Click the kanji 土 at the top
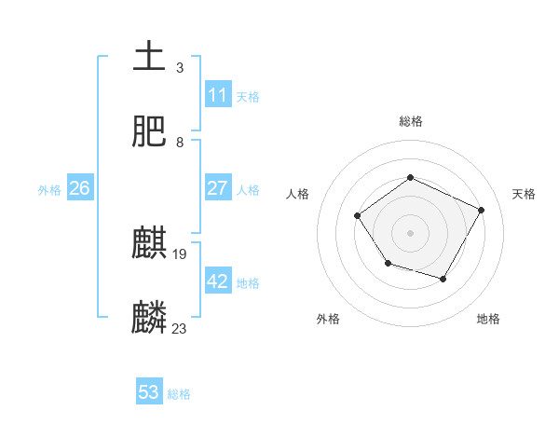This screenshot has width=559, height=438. click(x=150, y=57)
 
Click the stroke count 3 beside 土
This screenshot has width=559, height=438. click(x=180, y=68)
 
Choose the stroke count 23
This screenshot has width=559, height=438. click(x=180, y=328)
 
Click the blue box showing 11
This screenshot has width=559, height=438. click(x=217, y=95)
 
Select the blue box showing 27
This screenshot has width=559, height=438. click(x=217, y=188)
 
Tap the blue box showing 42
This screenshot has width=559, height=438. click(x=217, y=281)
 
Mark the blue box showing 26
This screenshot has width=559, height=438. click(x=79, y=188)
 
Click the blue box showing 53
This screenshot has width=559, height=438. click(x=148, y=392)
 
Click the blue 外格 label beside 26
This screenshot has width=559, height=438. click(x=49, y=189)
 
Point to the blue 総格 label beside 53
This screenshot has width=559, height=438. click(x=179, y=394)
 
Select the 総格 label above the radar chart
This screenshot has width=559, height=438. click(x=410, y=121)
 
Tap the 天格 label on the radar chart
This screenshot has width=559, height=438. click(x=524, y=194)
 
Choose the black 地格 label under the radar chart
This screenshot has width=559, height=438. click(x=488, y=319)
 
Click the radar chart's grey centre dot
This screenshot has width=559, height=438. click(x=410, y=232)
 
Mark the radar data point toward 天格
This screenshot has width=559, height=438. click(x=482, y=210)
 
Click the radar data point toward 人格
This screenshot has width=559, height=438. click(x=358, y=216)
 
